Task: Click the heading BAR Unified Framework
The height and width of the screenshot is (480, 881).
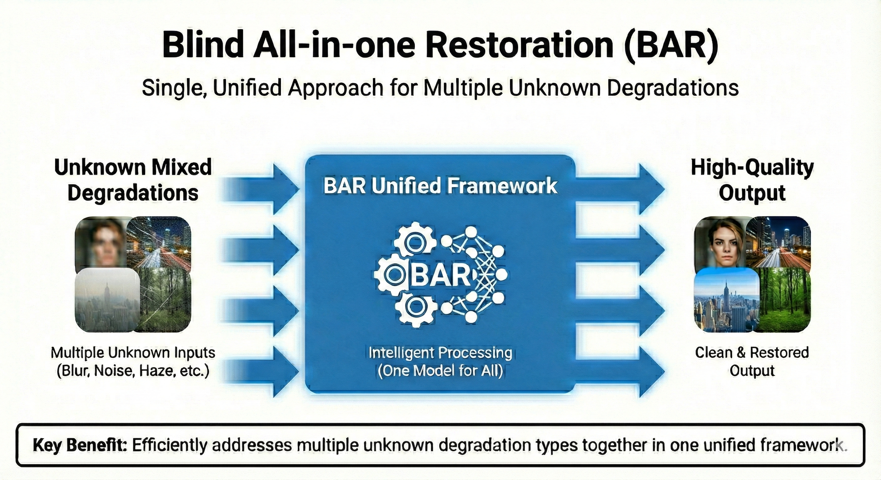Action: tap(440, 186)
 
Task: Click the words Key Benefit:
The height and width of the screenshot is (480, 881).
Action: tap(80, 445)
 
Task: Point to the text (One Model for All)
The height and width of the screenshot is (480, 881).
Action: tap(440, 371)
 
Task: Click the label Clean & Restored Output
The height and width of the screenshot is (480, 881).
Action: tap(752, 362)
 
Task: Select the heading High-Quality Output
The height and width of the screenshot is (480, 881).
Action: tap(752, 180)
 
